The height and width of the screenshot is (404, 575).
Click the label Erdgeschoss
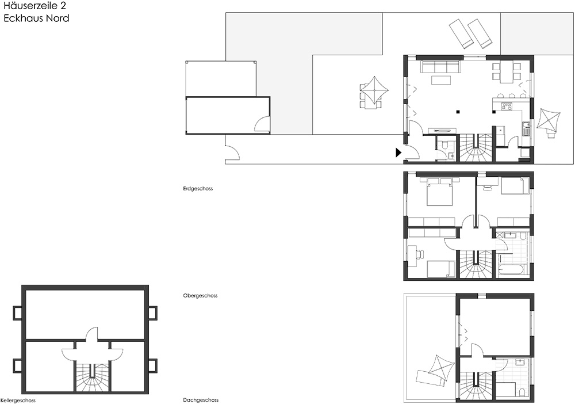coord(198,189)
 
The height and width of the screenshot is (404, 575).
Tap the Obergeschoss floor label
coord(200,295)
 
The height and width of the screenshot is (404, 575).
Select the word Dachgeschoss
coord(201,400)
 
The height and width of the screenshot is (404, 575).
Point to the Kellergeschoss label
coord(18,401)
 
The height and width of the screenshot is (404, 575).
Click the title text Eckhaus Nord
coord(36,18)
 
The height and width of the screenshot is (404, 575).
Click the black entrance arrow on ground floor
coord(398,153)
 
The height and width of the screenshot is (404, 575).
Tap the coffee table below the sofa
coord(441,79)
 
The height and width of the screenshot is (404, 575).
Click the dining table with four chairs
coord(507,72)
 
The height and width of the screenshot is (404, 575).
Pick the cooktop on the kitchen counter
coord(507,106)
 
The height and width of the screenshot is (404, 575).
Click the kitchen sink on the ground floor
coord(526,129)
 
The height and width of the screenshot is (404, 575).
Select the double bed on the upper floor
coord(439,191)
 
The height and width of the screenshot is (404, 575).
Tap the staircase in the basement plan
coord(92,376)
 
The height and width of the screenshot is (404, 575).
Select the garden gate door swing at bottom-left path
coord(232,151)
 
